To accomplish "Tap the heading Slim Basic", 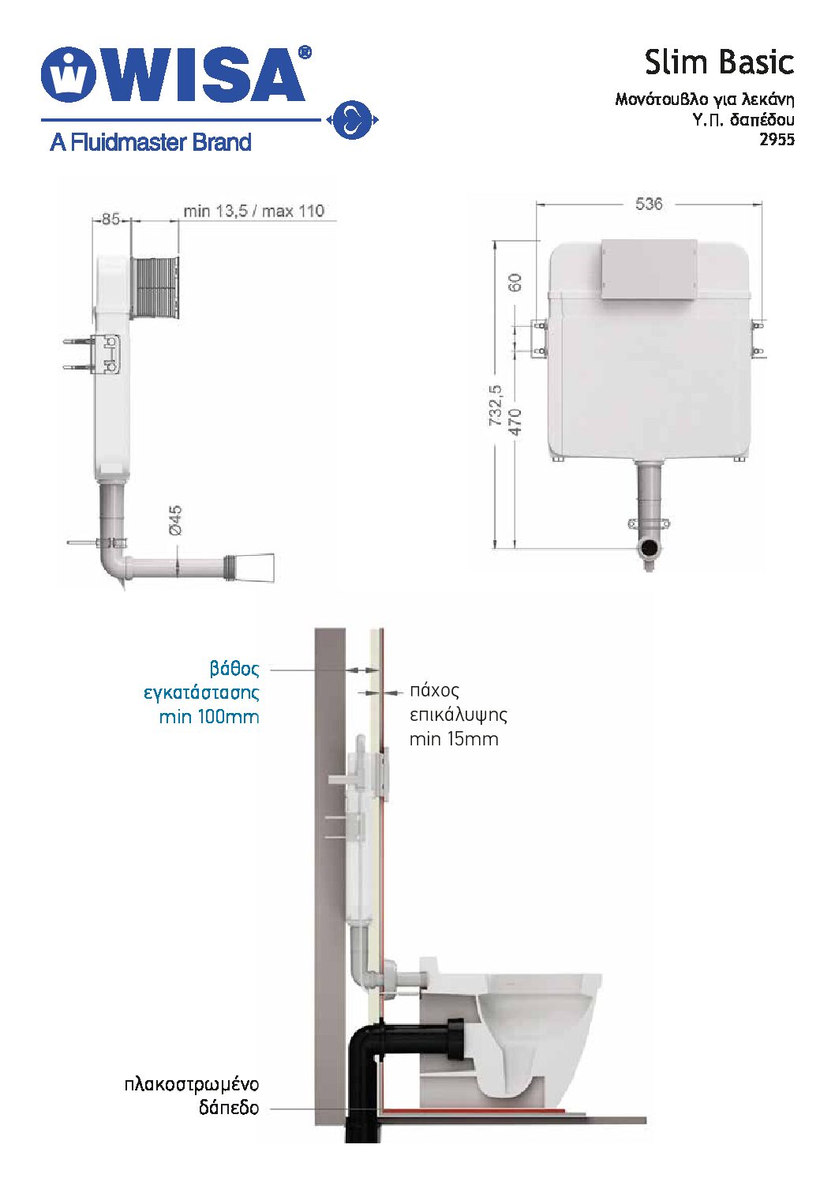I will point(718,62).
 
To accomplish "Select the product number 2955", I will point(777,140).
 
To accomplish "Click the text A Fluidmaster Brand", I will point(150,143).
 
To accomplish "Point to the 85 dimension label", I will point(110,219).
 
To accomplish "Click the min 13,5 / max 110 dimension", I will point(253,211).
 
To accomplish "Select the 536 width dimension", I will point(648,204).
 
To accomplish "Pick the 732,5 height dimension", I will point(495,406).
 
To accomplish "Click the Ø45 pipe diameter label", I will point(174,520).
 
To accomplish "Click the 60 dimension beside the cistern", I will point(515,282).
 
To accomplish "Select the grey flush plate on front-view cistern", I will point(649,269).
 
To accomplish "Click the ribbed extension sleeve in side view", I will point(155,287).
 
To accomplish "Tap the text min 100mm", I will point(208,717).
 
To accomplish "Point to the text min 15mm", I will point(454,739).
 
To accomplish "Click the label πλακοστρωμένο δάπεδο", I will point(192,1095).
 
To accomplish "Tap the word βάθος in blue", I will point(234,669).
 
